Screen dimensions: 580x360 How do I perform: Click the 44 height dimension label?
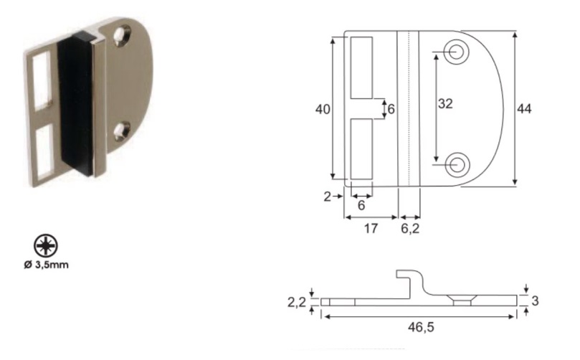[x=524, y=109]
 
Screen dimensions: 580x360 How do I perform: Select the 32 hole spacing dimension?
[x=445, y=103]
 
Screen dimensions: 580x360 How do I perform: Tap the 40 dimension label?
[x=323, y=110]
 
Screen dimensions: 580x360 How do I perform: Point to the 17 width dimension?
[x=371, y=229]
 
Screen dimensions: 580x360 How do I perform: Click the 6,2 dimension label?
[x=410, y=229]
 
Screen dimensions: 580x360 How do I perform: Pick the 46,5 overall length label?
[x=421, y=327]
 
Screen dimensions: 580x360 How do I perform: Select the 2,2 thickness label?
[x=297, y=303]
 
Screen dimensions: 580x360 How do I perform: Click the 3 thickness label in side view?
[x=535, y=300]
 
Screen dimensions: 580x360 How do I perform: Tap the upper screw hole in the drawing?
[x=457, y=52]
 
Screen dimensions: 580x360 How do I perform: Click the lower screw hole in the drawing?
[x=457, y=165]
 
